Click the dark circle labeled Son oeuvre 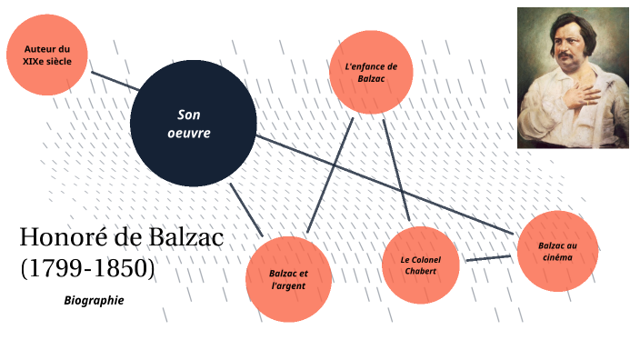pos(193,124)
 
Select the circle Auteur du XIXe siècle pos(45,55)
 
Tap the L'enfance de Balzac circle pos(371,74)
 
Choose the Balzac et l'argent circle pos(288,279)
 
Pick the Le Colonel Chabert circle pos(420,265)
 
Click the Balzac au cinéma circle pos(556,251)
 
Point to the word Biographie pos(94,300)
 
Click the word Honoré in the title pos(62,238)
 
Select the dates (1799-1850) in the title pos(87,268)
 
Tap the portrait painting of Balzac pos(573,77)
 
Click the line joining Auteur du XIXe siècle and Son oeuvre pos(114,79)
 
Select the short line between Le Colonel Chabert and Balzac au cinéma pos(488,259)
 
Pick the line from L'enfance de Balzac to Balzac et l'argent pos(329,173)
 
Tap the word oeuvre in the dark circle pos(191,133)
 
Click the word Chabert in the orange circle pos(421,271)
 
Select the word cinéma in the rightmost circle pos(557,258)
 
